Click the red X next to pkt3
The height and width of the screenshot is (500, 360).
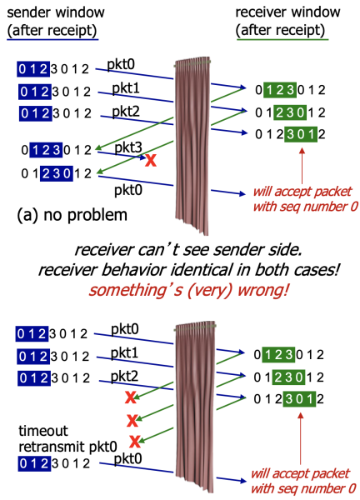(x=150, y=159)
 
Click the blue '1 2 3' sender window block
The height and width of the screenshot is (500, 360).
(x=45, y=151)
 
